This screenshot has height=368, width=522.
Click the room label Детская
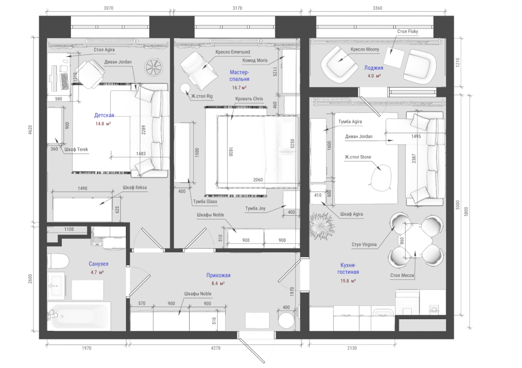pyautogui.click(x=104, y=116)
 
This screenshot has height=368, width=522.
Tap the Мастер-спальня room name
pyautogui.click(x=240, y=75)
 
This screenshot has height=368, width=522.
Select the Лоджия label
pyautogui.click(x=373, y=68)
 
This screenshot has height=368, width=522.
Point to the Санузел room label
pyautogui.click(x=98, y=264)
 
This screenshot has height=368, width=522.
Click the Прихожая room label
pyautogui.click(x=218, y=275)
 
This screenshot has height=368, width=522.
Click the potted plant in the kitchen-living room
pyautogui.click(x=321, y=225)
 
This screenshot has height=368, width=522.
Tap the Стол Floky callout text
pyautogui.click(x=407, y=32)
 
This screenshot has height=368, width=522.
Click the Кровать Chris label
pyautogui.click(x=249, y=99)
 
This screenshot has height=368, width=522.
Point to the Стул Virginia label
pyautogui.click(x=364, y=245)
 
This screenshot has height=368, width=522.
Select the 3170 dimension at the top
pyautogui.click(x=238, y=8)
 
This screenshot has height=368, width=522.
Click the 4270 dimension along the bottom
pyautogui.click(x=216, y=348)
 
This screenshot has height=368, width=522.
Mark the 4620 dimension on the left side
pyautogui.click(x=30, y=130)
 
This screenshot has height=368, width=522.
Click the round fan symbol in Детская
pyautogui.click(x=153, y=67)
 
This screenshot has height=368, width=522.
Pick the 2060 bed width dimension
pyautogui.click(x=257, y=180)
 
